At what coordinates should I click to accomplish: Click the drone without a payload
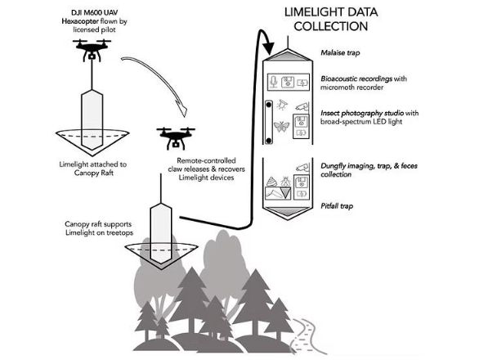click(x=176, y=138)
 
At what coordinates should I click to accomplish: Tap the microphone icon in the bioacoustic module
click(x=274, y=82)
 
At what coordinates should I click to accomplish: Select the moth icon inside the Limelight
click(x=281, y=126)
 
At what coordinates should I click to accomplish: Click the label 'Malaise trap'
click(x=340, y=52)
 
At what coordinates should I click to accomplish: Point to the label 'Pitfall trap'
click(x=337, y=206)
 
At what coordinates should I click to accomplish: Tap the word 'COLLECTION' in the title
click(x=331, y=26)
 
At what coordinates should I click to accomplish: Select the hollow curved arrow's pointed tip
click(x=185, y=116)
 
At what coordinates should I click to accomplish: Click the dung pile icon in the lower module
click(x=271, y=182)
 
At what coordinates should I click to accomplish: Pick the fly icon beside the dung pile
click(x=285, y=181)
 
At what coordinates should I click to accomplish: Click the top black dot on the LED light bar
click(x=269, y=105)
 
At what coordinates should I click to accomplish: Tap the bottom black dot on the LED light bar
click(x=269, y=141)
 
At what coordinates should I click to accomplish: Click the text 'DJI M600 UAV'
click(x=94, y=13)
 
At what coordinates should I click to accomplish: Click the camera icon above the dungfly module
click(x=302, y=167)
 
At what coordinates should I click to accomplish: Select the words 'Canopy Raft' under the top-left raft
click(x=94, y=173)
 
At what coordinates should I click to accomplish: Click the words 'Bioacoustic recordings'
click(x=356, y=79)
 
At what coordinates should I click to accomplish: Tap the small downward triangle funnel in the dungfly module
click(x=286, y=193)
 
